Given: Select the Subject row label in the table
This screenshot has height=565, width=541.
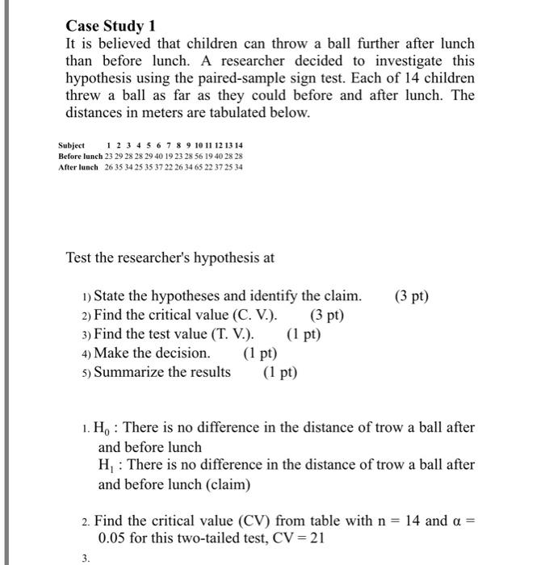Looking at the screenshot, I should (x=73, y=145).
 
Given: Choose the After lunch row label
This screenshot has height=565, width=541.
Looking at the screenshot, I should (x=78, y=167).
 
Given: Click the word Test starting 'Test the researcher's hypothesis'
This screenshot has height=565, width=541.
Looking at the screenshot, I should (x=80, y=258).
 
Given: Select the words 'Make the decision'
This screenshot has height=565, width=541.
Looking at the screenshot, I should (x=152, y=354).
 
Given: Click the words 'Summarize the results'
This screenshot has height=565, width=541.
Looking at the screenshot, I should (x=162, y=372).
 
